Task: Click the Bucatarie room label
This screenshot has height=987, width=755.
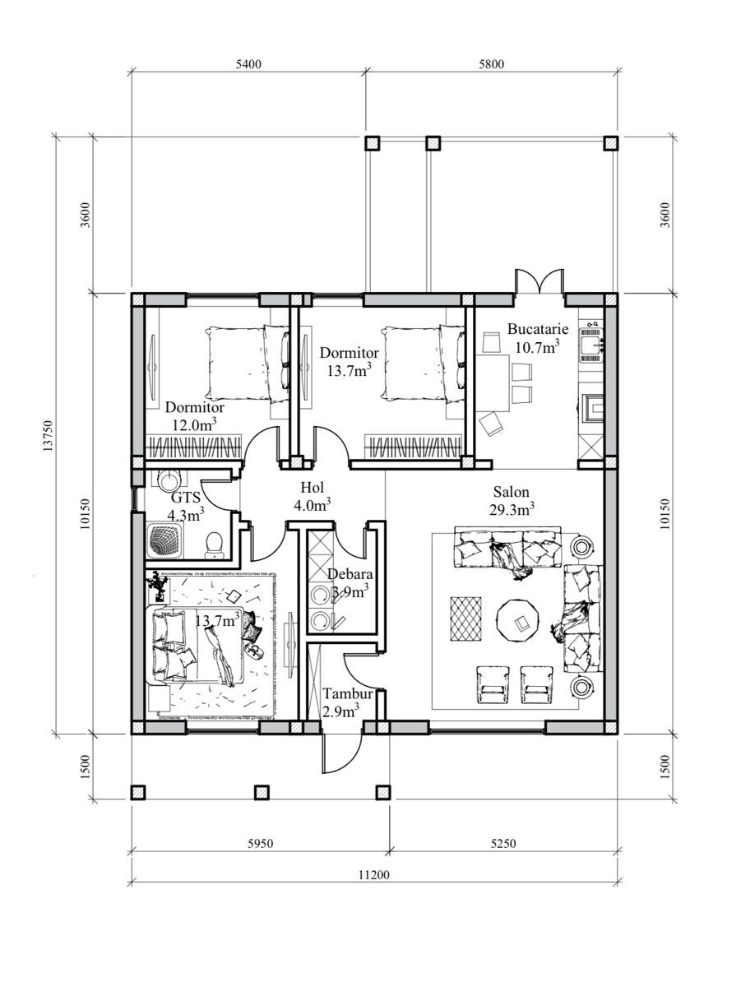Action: click(538, 329)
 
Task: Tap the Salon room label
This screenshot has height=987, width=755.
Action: click(512, 492)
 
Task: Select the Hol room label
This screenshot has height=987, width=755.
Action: click(312, 487)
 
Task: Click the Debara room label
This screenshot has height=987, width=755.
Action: click(350, 574)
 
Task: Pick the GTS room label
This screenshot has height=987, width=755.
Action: click(186, 498)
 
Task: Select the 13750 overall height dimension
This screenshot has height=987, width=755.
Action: click(49, 436)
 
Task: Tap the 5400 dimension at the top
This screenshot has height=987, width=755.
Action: click(248, 64)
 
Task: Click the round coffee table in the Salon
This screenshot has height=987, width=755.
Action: click(517, 620)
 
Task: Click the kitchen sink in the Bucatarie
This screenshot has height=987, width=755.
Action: click(591, 345)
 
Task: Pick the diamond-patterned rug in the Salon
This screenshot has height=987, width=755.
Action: click(466, 619)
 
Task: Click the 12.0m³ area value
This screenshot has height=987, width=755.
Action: click(195, 424)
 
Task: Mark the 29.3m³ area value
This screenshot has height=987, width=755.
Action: click(512, 509)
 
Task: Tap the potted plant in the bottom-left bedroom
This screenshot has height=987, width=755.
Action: click(158, 586)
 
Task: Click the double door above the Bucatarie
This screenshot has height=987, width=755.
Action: click(540, 281)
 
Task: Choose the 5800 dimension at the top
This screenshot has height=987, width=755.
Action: click(491, 64)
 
